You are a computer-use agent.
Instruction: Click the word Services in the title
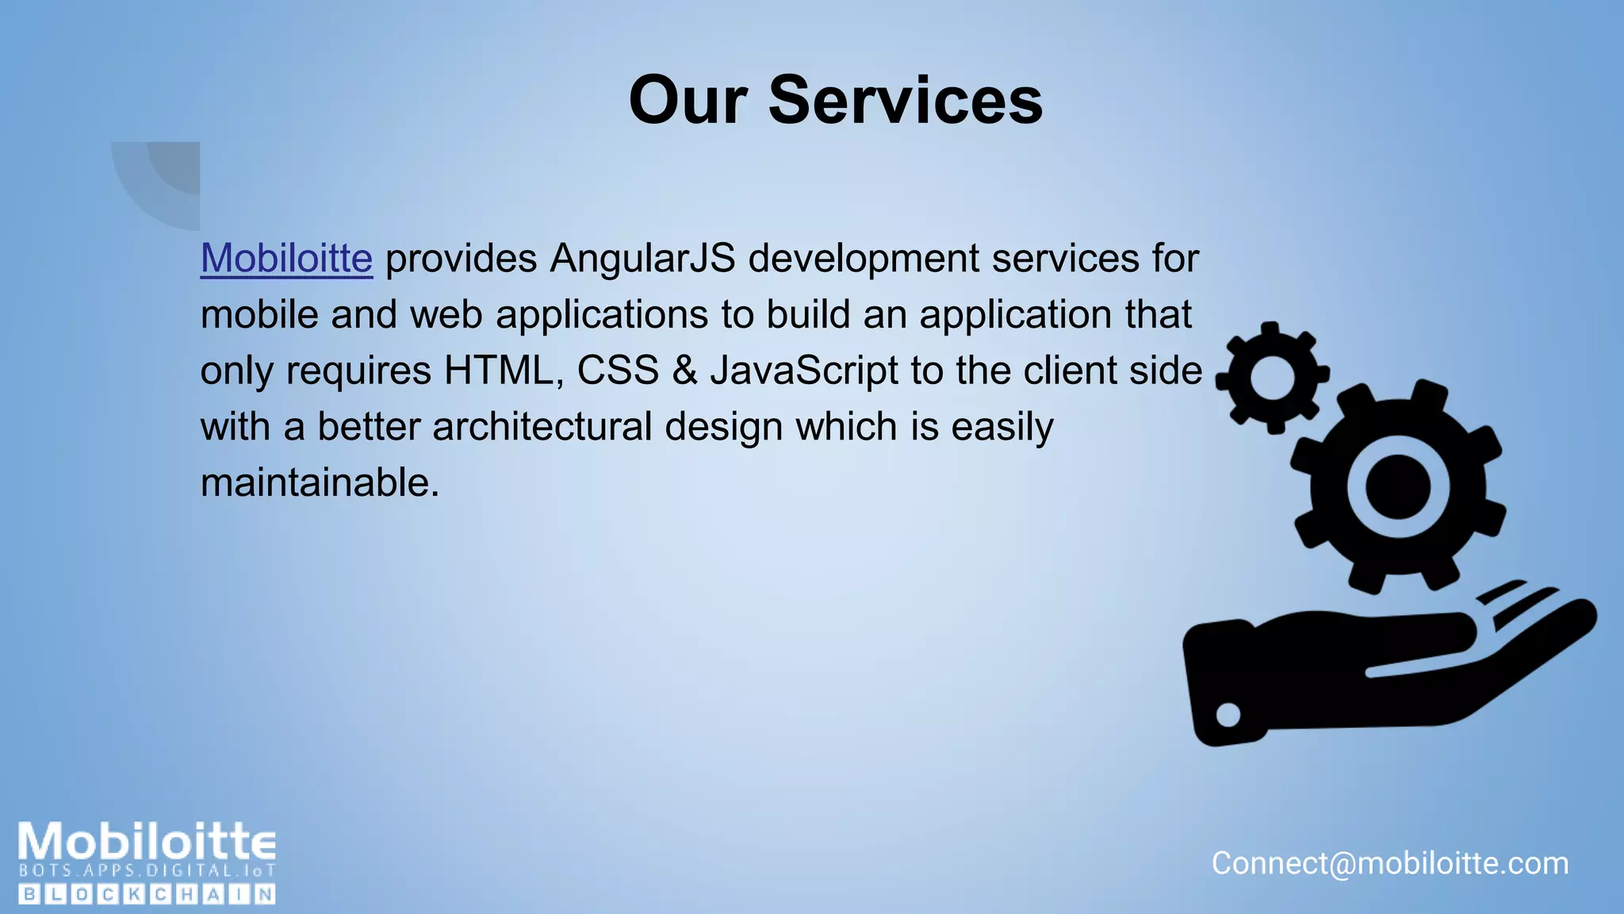(x=906, y=101)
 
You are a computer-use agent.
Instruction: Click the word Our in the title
(x=688, y=101)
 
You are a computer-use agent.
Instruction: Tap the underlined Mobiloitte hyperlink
(x=286, y=259)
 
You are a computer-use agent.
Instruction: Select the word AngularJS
(x=642, y=259)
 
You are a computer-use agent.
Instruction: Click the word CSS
(x=618, y=371)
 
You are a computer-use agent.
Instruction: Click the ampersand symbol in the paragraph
(x=684, y=371)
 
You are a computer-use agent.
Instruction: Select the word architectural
(x=542, y=427)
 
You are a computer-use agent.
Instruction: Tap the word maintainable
(x=320, y=482)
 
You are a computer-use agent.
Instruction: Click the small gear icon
(x=1272, y=378)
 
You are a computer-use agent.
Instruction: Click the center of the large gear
(x=1397, y=486)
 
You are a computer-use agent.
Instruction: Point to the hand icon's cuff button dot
(x=1228, y=715)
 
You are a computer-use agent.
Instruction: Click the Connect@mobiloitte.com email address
(x=1390, y=863)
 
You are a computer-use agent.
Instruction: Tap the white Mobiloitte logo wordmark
(x=147, y=841)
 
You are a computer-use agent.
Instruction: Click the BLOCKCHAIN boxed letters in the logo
(x=147, y=895)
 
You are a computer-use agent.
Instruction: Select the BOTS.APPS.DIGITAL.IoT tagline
(x=147, y=870)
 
